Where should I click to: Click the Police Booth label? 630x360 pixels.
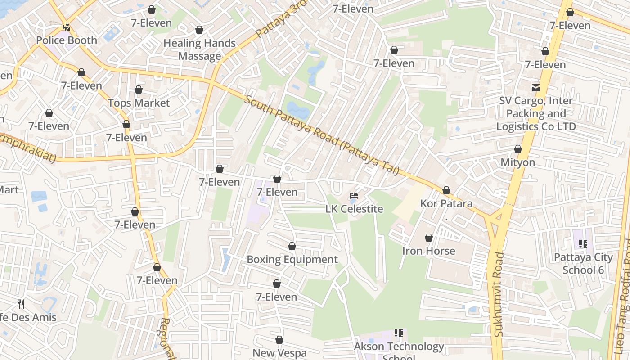67,40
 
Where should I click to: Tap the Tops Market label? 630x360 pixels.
139,103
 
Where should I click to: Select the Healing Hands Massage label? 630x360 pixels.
199,49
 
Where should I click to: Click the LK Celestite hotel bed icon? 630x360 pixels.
355,196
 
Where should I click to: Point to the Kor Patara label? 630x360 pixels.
446,203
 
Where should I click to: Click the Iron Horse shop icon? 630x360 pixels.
429,238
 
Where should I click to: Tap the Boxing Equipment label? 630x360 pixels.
292,259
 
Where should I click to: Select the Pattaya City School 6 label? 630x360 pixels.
583,263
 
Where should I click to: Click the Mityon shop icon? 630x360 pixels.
518,149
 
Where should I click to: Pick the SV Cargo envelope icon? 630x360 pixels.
536,87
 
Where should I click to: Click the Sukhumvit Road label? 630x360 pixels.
499,294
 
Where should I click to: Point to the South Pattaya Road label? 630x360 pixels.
321,135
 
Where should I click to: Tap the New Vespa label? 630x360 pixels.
279,353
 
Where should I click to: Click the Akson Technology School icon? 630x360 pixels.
399,333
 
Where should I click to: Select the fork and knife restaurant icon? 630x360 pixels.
21,304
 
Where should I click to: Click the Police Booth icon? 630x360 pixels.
67,27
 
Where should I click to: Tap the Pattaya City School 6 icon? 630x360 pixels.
583,244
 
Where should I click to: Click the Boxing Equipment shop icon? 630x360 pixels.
292,246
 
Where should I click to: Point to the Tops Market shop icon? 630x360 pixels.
139,90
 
